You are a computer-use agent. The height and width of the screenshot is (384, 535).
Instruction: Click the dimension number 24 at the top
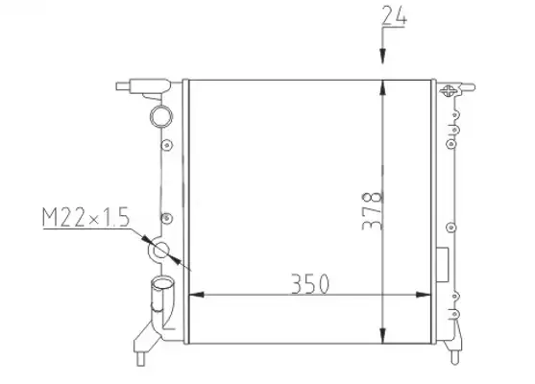pyautogui.click(x=394, y=15)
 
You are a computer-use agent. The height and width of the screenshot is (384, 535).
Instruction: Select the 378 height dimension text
pyautogui.click(x=373, y=211)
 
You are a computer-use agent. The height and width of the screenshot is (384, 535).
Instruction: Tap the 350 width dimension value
pyautogui.click(x=310, y=284)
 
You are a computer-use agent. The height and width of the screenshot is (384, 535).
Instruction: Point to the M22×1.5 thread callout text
pyautogui.click(x=86, y=217)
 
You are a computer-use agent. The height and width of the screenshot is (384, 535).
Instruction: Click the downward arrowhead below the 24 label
pyautogui.click(x=382, y=57)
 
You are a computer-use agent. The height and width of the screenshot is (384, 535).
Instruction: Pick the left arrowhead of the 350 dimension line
pyautogui.click(x=197, y=295)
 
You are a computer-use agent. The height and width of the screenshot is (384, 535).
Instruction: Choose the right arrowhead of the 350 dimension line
pyautogui.click(x=423, y=295)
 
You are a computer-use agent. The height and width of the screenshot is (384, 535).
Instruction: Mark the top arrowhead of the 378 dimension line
pyautogui.click(x=382, y=87)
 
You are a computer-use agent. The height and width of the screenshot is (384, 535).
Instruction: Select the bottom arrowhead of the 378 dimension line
pyautogui.click(x=382, y=336)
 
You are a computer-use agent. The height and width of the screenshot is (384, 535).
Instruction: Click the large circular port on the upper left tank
pyautogui.click(x=161, y=116)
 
